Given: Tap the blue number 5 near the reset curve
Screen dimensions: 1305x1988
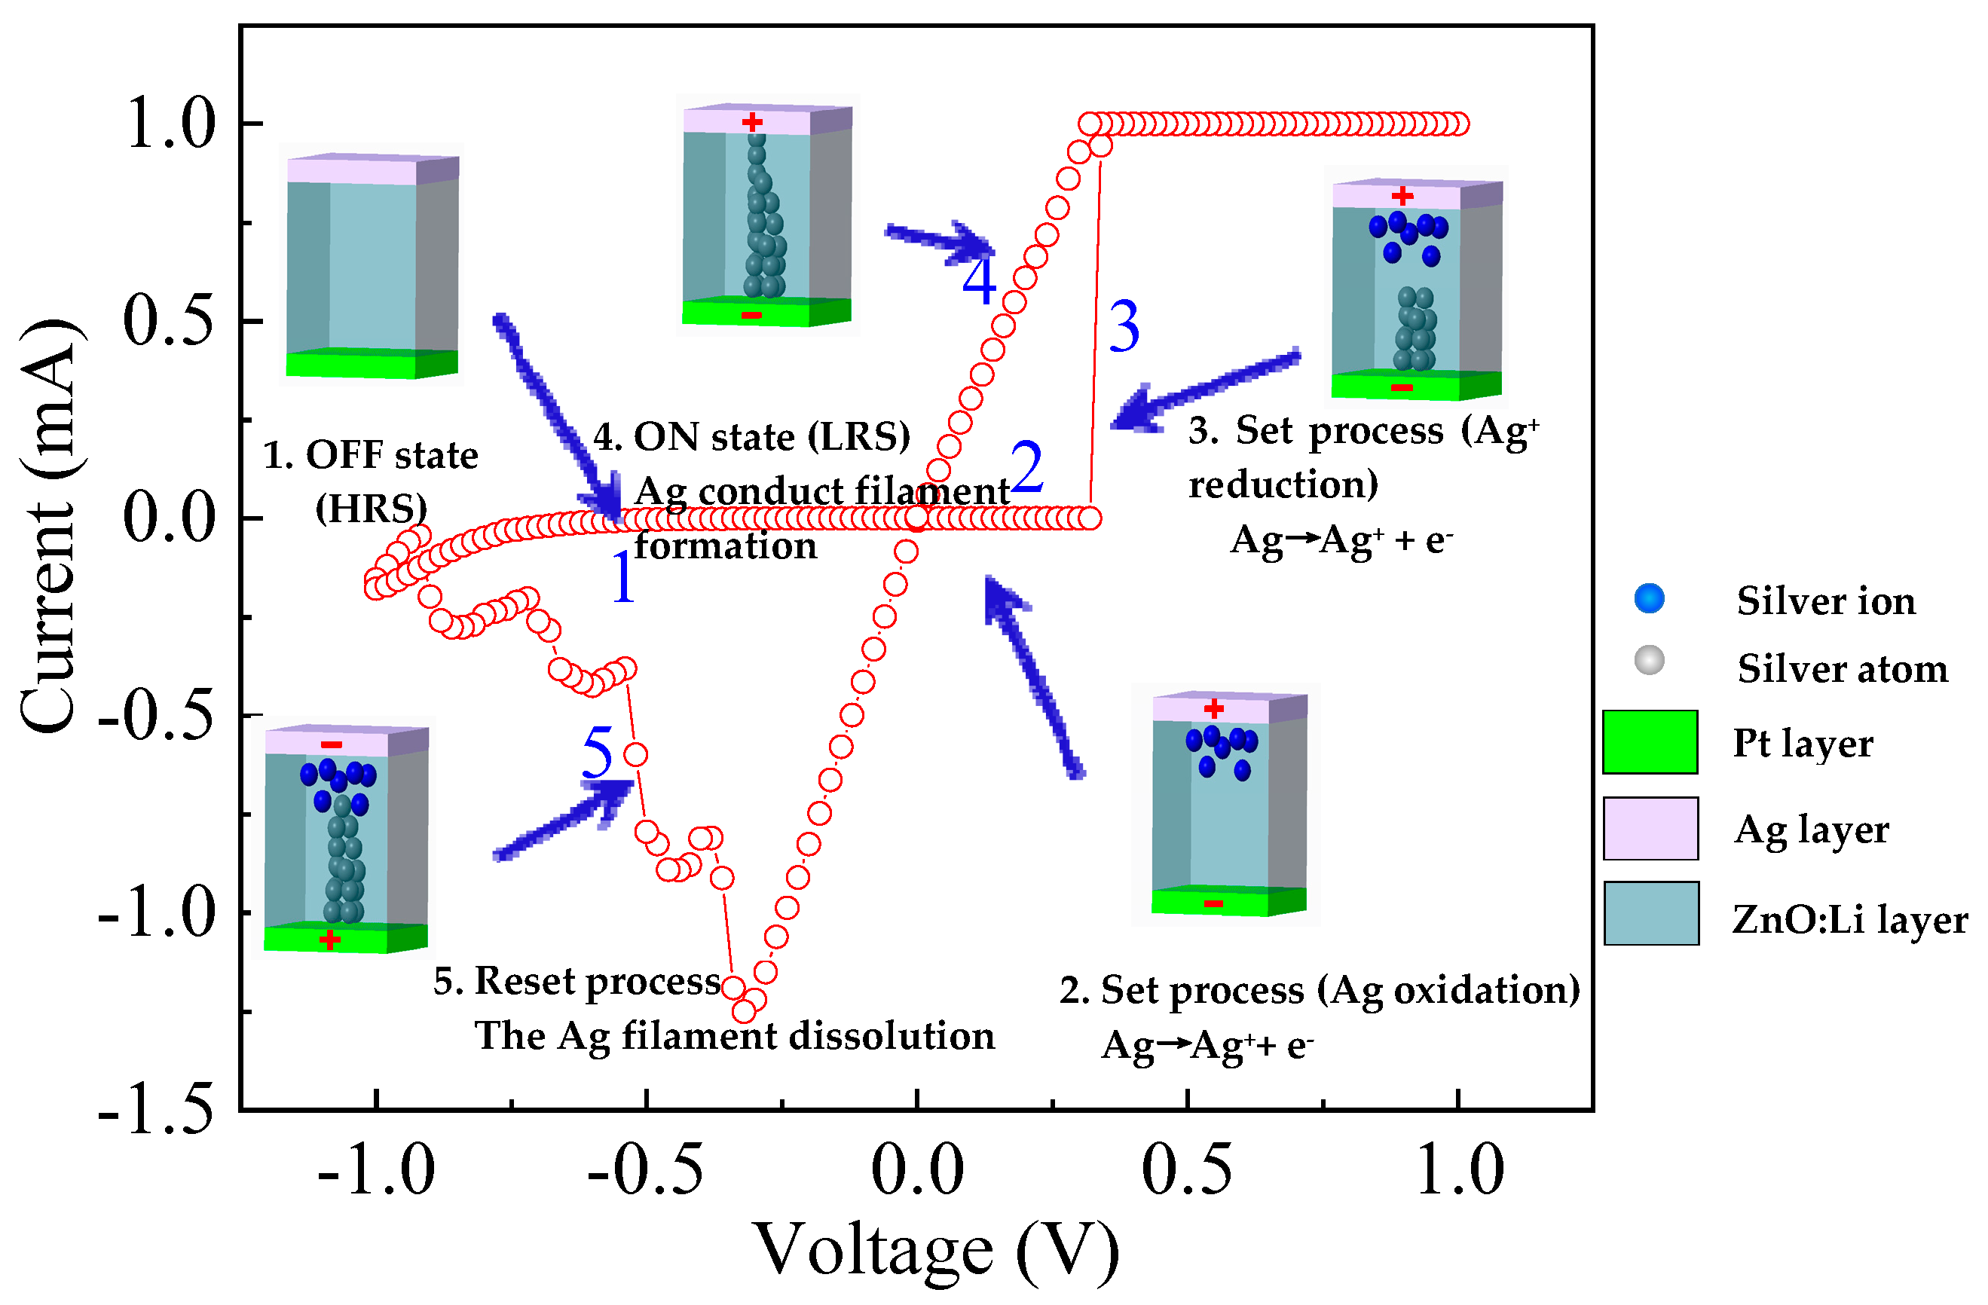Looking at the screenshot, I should [x=598, y=752].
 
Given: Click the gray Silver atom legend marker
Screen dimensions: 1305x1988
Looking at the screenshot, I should [x=1649, y=661].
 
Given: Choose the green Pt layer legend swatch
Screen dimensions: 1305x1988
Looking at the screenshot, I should [x=1650, y=741].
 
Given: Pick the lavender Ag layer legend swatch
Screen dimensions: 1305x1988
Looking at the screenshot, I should [x=1650, y=828].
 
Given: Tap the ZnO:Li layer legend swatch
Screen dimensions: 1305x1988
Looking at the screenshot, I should [x=1650, y=913].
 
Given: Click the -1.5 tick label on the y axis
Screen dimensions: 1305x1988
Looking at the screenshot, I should [x=156, y=1111].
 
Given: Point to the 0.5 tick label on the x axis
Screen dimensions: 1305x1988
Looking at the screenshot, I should [x=1186, y=1171].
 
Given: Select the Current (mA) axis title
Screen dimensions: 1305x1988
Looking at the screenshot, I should [x=50, y=526].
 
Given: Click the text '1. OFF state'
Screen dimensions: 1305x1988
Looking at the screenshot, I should [x=371, y=456].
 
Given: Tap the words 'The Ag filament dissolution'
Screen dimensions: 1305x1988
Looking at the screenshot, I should [x=734, y=1036].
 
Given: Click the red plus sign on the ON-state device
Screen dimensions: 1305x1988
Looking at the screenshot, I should [x=752, y=123].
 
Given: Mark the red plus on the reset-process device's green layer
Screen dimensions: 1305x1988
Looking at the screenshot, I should [x=330, y=941].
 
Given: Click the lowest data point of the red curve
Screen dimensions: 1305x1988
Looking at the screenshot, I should [x=743, y=1012].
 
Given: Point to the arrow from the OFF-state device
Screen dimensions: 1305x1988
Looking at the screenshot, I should [x=555, y=417].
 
